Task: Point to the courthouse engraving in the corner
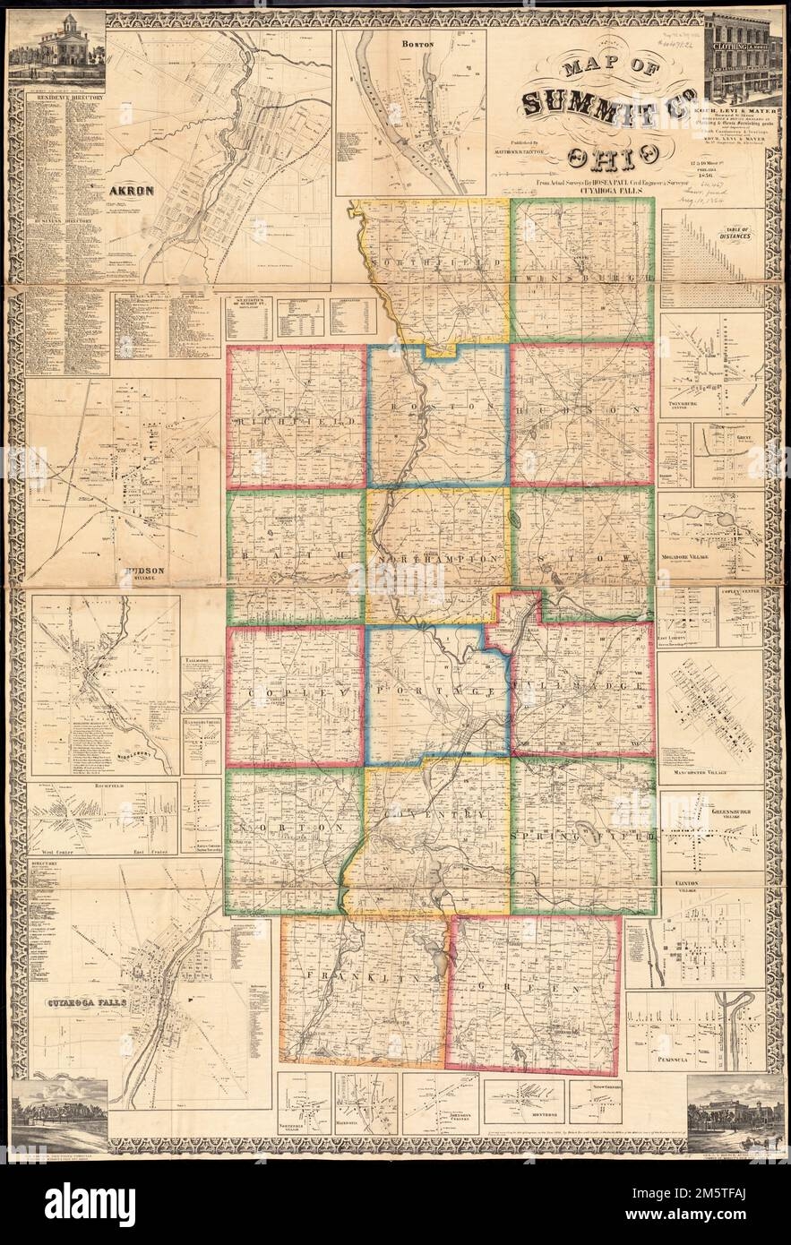point(55,44)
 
